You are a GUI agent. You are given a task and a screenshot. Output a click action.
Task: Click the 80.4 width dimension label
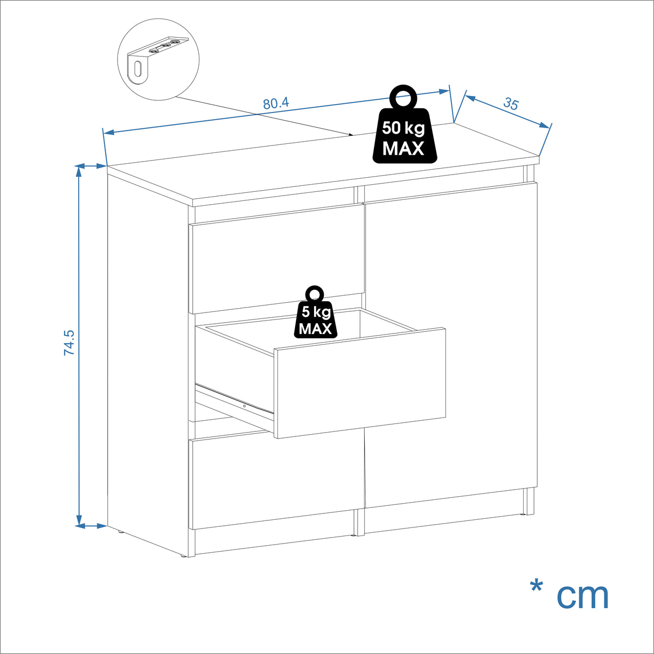click(276, 103)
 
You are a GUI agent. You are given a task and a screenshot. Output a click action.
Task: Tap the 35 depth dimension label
click(510, 104)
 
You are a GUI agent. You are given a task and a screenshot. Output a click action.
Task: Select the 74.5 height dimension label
click(69, 343)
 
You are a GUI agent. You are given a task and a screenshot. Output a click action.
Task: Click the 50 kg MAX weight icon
click(404, 127)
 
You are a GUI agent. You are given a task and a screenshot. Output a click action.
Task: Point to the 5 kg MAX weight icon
click(315, 315)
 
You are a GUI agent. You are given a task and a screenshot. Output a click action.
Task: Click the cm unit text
click(582, 595)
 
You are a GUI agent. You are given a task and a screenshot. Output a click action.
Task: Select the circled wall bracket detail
click(158, 59)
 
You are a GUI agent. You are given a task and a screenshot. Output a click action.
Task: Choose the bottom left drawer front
click(275, 482)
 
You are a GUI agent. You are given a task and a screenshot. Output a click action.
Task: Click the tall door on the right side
click(451, 345)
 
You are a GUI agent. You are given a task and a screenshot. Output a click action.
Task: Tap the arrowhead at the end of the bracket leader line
click(351, 134)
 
